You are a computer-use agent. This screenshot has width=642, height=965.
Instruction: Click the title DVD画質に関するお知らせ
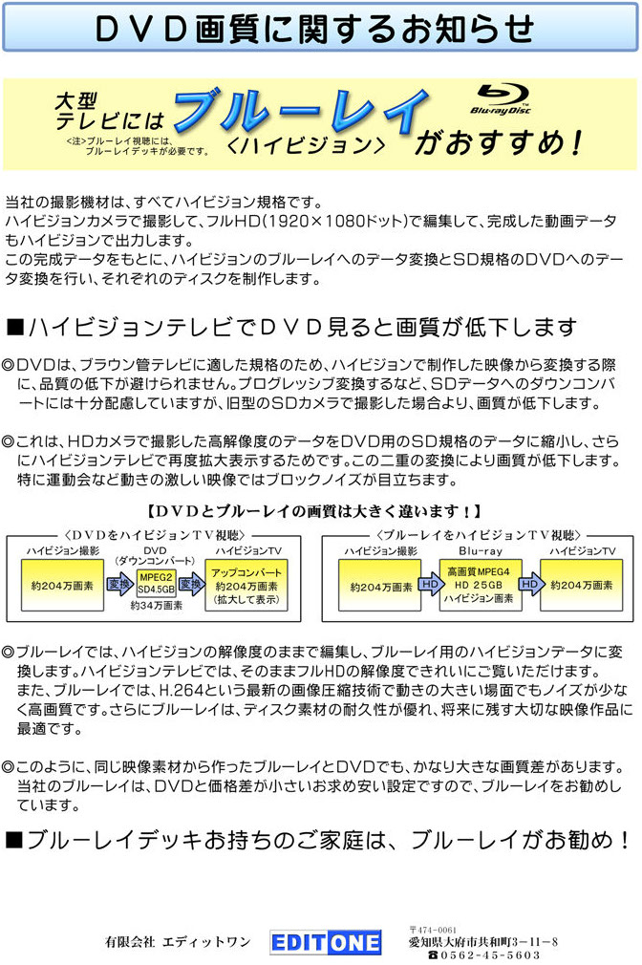click(x=315, y=29)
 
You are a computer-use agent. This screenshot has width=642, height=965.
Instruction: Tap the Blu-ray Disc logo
click(x=501, y=99)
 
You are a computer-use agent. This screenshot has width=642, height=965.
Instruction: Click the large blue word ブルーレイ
click(x=301, y=111)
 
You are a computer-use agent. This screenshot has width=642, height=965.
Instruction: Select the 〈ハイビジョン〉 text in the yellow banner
click(x=306, y=145)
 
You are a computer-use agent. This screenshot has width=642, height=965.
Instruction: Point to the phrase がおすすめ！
click(x=499, y=142)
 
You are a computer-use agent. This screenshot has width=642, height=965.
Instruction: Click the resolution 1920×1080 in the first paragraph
click(x=316, y=221)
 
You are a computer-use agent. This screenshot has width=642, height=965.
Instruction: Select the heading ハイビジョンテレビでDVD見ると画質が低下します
click(x=292, y=327)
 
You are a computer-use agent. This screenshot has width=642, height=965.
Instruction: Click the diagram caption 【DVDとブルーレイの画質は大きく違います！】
click(x=314, y=511)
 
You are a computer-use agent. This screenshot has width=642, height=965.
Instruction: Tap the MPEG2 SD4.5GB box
click(x=157, y=584)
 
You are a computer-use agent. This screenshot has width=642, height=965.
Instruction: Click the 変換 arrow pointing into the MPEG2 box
click(x=120, y=584)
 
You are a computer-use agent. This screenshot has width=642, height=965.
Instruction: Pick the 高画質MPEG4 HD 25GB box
click(x=480, y=585)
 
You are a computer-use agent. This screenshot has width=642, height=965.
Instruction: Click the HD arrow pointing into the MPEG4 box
click(x=430, y=584)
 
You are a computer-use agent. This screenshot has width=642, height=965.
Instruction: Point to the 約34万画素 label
click(x=157, y=606)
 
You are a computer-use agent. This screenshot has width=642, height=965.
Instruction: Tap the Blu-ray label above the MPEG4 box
click(x=481, y=550)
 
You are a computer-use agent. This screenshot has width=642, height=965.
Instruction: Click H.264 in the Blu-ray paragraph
click(x=178, y=690)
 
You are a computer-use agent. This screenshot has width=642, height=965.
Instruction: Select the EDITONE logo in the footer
click(x=326, y=943)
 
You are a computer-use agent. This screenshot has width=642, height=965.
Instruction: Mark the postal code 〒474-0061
click(x=432, y=930)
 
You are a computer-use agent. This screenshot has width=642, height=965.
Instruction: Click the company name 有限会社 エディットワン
click(x=178, y=942)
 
